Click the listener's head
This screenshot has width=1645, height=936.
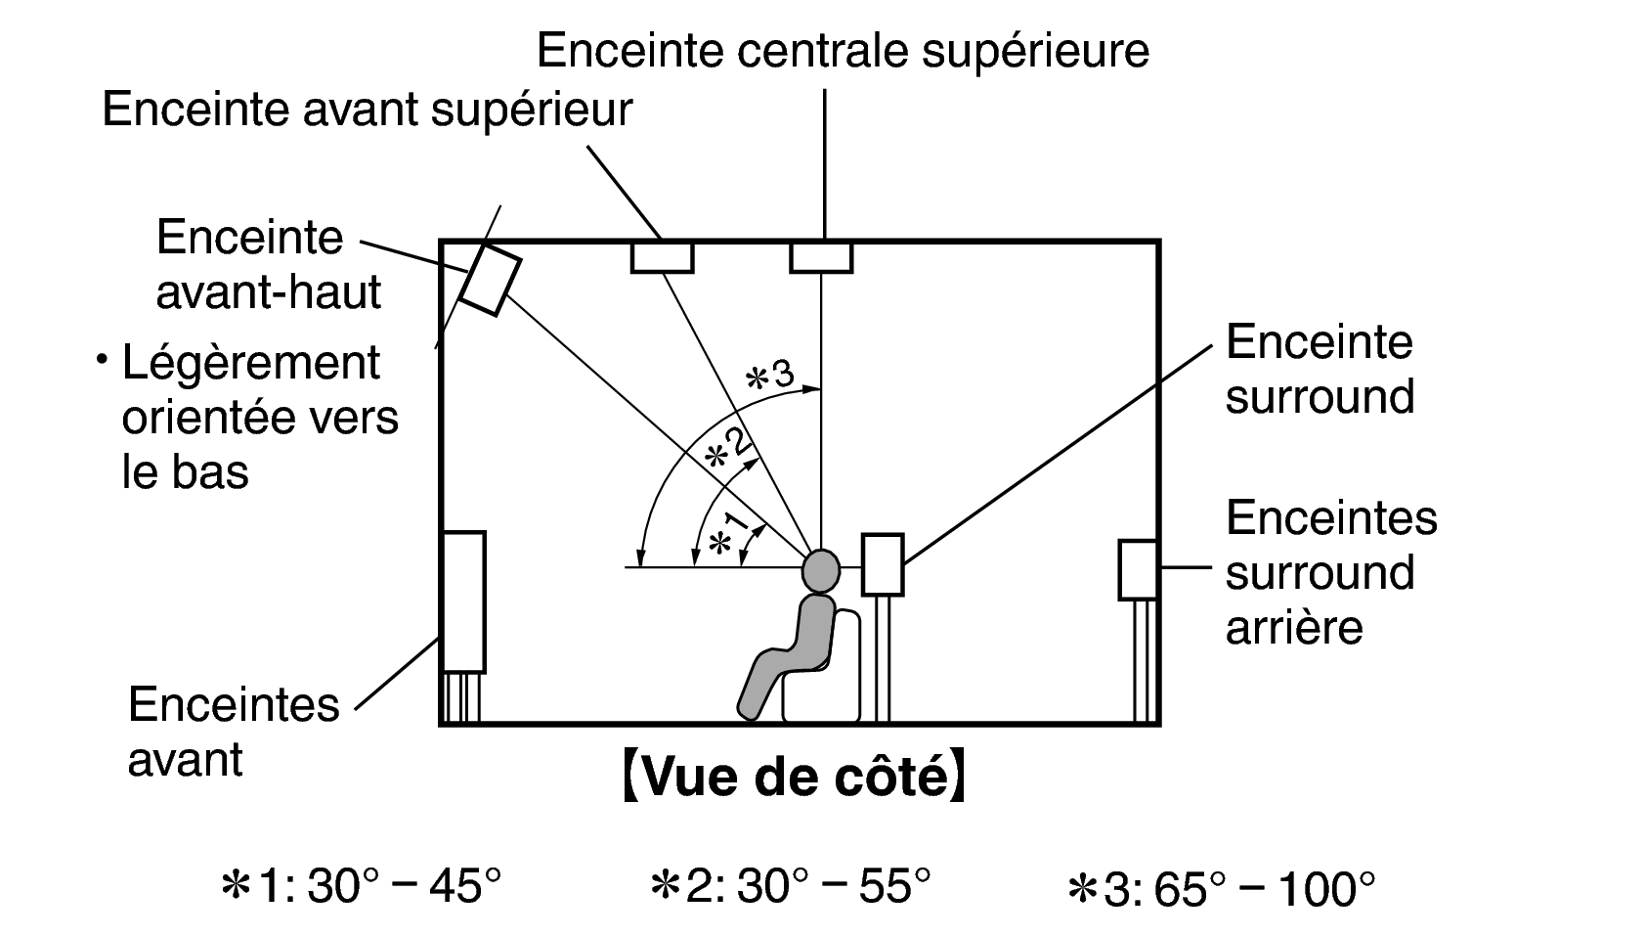(x=821, y=571)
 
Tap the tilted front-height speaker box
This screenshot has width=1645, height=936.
(x=491, y=280)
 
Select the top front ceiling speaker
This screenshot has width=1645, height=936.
(x=663, y=257)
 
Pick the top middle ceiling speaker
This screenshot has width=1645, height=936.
(x=821, y=257)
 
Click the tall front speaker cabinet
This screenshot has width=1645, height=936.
(x=464, y=602)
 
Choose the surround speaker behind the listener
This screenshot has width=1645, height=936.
(x=883, y=564)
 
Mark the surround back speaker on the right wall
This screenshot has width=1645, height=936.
(x=1139, y=570)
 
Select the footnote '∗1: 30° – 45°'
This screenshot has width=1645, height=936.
(x=361, y=886)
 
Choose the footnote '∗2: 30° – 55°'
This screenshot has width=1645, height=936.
(x=790, y=886)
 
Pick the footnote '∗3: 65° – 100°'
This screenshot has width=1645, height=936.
(x=1221, y=888)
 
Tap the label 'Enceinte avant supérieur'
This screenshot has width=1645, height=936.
(x=368, y=111)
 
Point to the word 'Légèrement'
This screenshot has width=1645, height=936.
(x=251, y=363)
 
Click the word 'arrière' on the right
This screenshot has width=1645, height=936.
(x=1295, y=628)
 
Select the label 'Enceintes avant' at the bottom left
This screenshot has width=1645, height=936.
(x=234, y=731)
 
